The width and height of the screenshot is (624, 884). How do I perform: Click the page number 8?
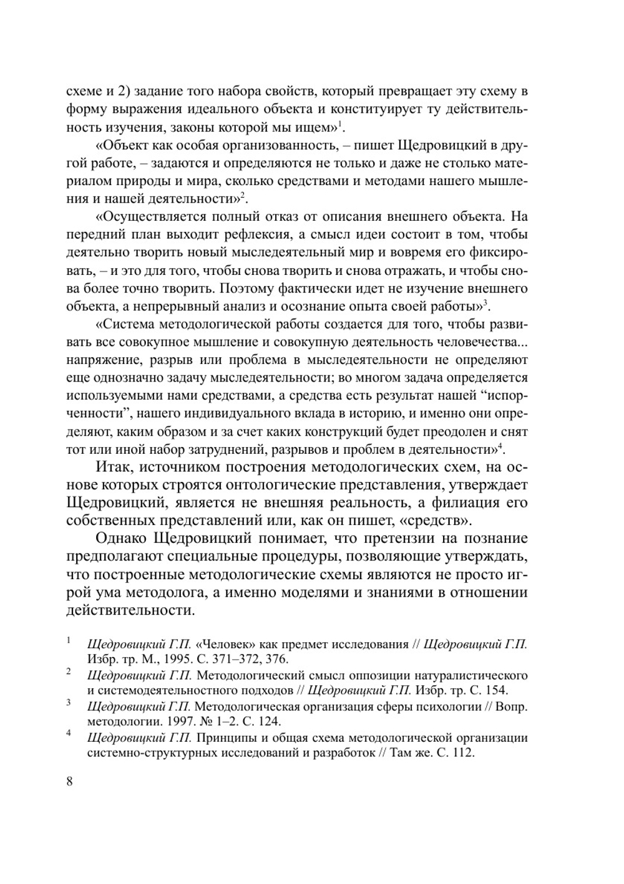click(x=69, y=782)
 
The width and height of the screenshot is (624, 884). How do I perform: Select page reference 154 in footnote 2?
click(x=497, y=690)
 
